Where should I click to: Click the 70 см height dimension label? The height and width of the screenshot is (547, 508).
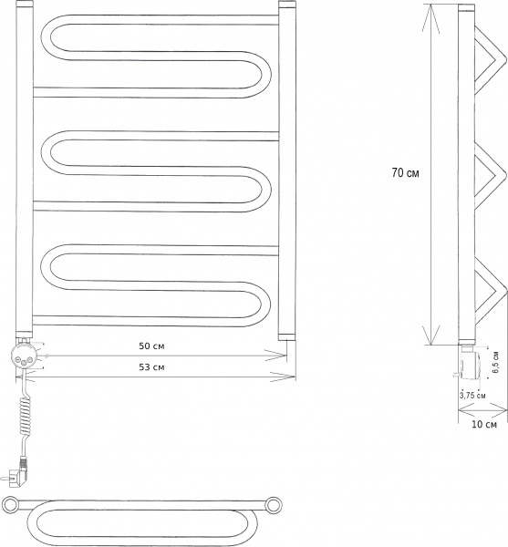coord(405,171)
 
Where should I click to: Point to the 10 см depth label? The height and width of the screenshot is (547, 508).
coord(483,425)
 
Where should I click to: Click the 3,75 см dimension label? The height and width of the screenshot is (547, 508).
coord(472,395)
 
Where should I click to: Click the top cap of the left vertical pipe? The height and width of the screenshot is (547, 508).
coord(25,6)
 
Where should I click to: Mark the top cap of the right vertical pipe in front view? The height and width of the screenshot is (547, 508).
coord(286,6)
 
